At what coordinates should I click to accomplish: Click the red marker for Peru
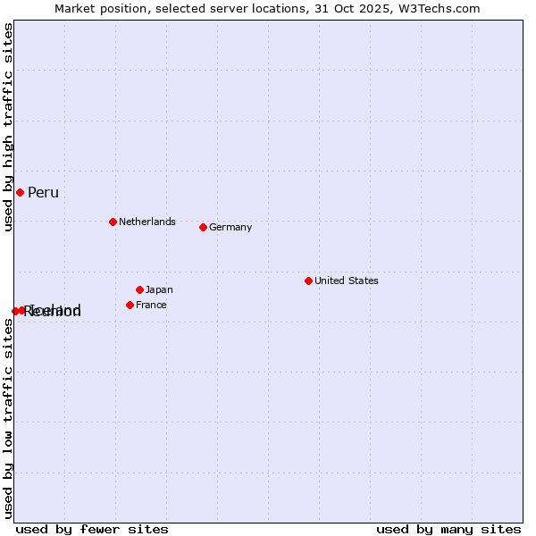click(x=20, y=192)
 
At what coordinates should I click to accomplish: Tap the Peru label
click(x=43, y=193)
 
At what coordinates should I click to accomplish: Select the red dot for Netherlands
click(x=113, y=222)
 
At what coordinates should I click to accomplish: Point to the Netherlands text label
click(x=147, y=222)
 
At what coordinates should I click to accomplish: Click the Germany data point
click(x=203, y=227)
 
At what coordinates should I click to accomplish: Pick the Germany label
click(x=230, y=227)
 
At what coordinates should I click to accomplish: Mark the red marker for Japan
click(x=139, y=289)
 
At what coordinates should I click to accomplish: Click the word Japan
click(x=159, y=289)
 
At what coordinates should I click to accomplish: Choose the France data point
click(x=130, y=305)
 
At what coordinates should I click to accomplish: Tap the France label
click(x=151, y=305)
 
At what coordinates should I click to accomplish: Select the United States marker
click(x=308, y=281)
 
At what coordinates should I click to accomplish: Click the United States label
click(x=347, y=281)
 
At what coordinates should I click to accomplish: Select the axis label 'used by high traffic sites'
click(x=9, y=128)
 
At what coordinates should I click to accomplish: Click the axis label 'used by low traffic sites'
click(x=9, y=418)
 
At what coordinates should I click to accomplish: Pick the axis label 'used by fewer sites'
click(x=92, y=529)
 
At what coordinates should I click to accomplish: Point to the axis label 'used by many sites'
click(x=448, y=529)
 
